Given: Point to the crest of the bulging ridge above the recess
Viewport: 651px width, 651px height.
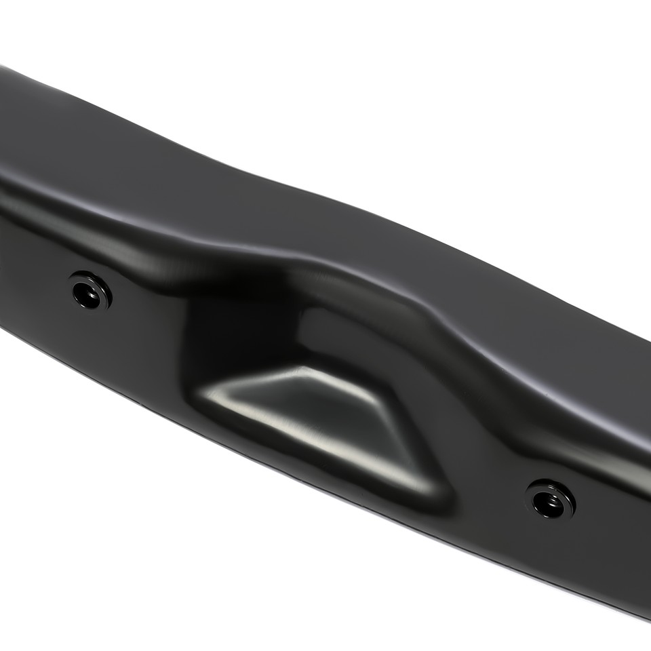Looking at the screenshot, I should pos(319,268).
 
